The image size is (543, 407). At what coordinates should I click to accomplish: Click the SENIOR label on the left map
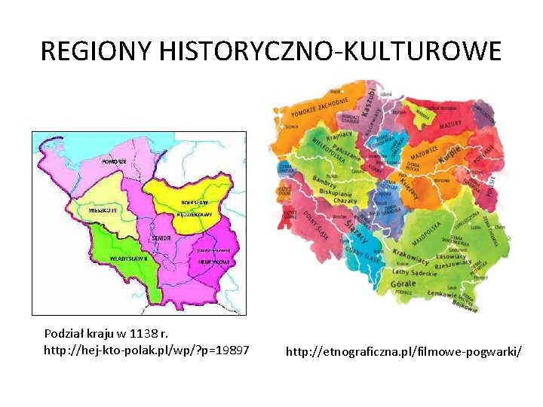[161, 238]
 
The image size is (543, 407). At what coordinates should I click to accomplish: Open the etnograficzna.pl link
[403, 351]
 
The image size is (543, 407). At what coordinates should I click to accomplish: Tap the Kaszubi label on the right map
[369, 103]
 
